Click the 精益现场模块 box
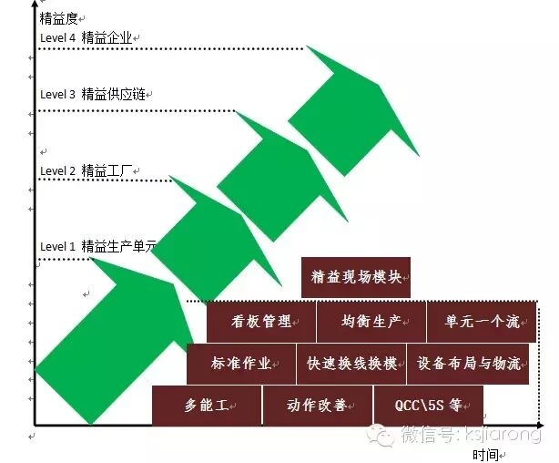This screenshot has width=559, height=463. point(356,277)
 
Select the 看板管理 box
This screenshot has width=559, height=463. point(261,321)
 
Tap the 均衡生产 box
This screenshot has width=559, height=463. point(371,321)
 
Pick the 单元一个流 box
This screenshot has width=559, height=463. point(480,321)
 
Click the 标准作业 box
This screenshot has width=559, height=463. point(241,363)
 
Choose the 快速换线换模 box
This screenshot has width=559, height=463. point(351,363)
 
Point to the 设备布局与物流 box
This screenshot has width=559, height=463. point(469,363)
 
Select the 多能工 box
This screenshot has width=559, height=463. point(207,405)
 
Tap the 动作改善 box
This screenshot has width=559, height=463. point(317,405)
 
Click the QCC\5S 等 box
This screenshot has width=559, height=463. point(427,405)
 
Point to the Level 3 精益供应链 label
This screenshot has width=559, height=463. point(95,94)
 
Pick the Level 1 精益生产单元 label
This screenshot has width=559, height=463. point(98,246)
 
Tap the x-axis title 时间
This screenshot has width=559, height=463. point(485,453)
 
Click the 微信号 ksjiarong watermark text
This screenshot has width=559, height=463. point(460,435)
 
